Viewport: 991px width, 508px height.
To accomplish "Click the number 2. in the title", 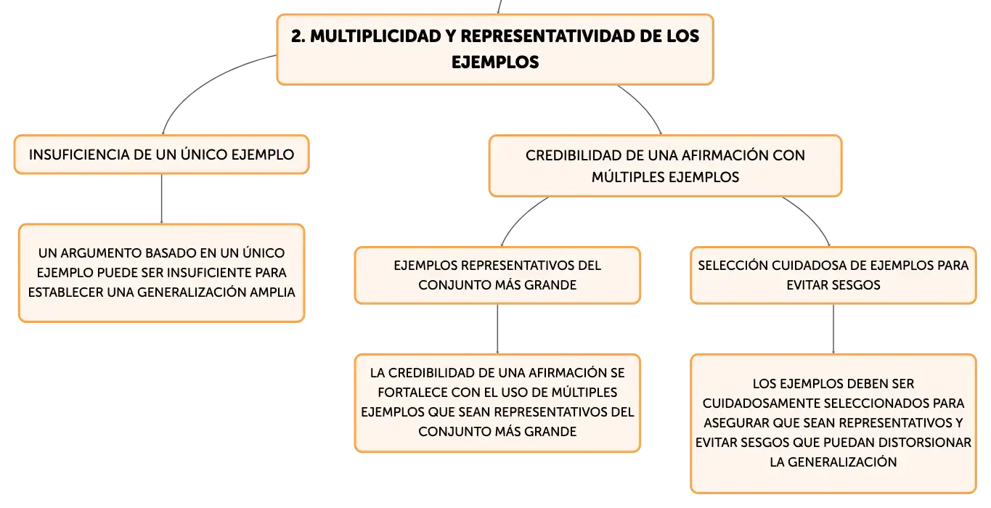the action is pos(298,36).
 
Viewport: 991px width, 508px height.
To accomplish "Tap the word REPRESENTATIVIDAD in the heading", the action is pos(547,36).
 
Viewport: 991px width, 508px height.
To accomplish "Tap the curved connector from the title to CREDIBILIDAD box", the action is pos(644,106).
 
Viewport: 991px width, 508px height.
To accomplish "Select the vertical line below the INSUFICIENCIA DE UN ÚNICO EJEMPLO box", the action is pos(161,199).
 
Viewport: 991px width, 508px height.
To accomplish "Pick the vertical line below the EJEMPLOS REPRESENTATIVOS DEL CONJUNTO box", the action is pos(497,329).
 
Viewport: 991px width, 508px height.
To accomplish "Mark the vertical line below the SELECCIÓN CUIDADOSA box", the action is pos(833,329).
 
